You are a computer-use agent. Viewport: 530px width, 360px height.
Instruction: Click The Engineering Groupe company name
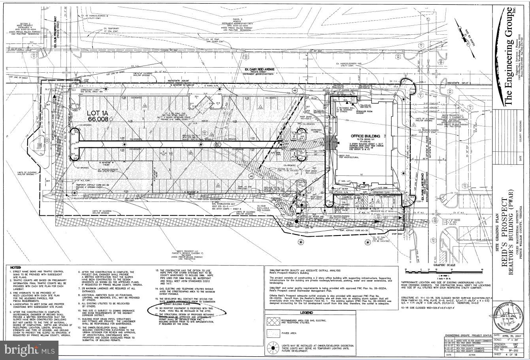coord(509,55)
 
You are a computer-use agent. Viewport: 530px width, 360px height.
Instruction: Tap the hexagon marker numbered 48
coord(295,90)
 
